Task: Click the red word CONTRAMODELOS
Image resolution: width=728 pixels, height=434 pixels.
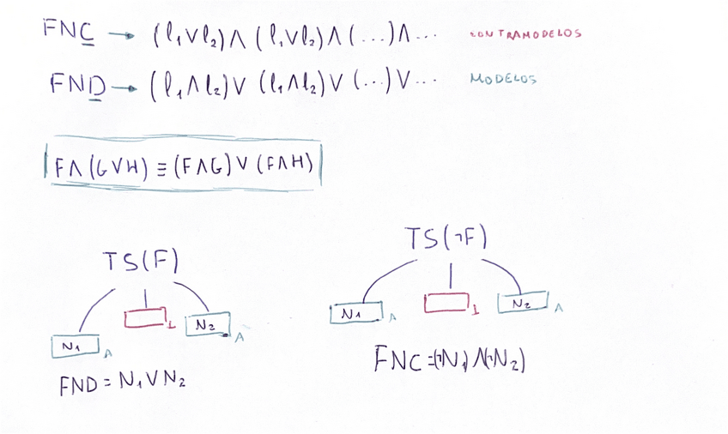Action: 525,34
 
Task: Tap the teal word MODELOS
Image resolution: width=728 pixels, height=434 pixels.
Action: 503,79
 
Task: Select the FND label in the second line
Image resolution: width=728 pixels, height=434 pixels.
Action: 76,84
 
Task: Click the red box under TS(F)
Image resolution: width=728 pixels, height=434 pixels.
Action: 144,318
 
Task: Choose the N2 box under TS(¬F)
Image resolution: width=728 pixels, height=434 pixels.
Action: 522,303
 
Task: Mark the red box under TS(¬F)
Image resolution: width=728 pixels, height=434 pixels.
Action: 446,303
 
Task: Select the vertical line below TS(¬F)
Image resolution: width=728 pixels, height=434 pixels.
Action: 452,277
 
